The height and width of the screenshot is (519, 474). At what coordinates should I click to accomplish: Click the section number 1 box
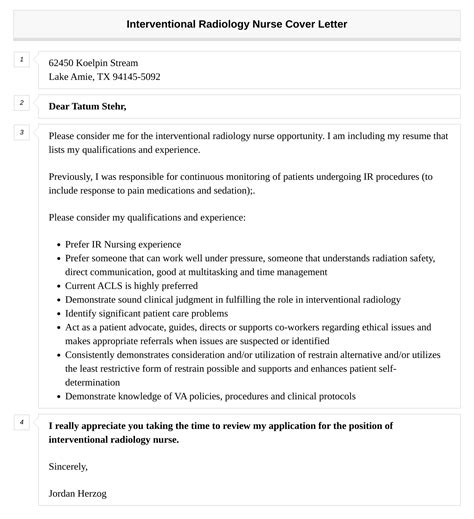click(21, 60)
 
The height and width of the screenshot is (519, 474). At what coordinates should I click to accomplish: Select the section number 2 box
click(21, 102)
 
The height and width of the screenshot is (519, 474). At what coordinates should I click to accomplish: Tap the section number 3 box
click(21, 132)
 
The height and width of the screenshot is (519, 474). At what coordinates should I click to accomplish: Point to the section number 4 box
click(21, 422)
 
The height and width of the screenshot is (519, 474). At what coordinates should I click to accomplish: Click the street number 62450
click(62, 62)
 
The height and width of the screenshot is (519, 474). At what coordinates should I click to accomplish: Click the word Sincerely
click(68, 466)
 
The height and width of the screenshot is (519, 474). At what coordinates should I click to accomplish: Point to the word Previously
click(72, 176)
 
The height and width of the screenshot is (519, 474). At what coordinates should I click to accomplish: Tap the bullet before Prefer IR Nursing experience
click(54, 244)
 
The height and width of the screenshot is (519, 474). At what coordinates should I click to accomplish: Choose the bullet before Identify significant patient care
click(54, 313)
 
